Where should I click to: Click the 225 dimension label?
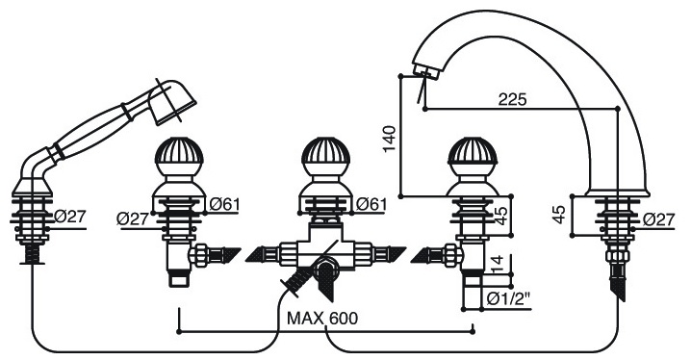pos(512,99)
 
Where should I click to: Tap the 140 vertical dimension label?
pos(390,139)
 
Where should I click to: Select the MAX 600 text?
pos(322,318)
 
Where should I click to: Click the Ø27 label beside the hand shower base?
pos(70,217)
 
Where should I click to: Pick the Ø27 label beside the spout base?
pos(658,219)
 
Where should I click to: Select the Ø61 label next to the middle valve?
pos(371,204)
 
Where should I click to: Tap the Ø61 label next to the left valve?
pos(225,204)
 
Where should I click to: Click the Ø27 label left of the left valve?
pos(133,219)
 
